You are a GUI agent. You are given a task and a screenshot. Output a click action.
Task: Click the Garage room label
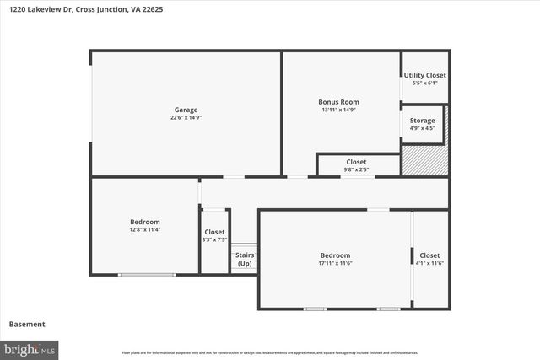tap(186, 110)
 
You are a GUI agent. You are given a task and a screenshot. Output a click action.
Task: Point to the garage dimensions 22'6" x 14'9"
tap(186, 118)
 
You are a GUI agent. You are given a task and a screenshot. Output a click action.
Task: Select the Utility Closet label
tap(424, 75)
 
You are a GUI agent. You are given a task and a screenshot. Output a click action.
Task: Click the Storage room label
tap(423, 121)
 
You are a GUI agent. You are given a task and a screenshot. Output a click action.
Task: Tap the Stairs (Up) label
tap(244, 259)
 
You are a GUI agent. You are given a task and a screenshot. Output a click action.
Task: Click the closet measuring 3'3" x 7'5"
tap(214, 236)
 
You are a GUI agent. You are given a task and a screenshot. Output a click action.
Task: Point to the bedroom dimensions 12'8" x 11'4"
tap(145, 229)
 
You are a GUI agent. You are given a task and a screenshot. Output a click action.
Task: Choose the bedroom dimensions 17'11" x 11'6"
tap(335, 263)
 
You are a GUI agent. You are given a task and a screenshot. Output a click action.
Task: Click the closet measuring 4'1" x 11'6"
tap(429, 259)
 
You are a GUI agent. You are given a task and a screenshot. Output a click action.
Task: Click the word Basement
tap(26, 324)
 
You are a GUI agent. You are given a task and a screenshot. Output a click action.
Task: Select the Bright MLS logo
tap(30, 348)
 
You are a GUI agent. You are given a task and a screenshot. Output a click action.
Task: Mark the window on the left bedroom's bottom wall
tap(147, 274)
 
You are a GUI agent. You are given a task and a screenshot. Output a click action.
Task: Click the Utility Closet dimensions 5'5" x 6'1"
tap(424, 83)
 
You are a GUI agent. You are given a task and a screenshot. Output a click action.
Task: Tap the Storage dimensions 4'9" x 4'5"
tap(423, 128)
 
